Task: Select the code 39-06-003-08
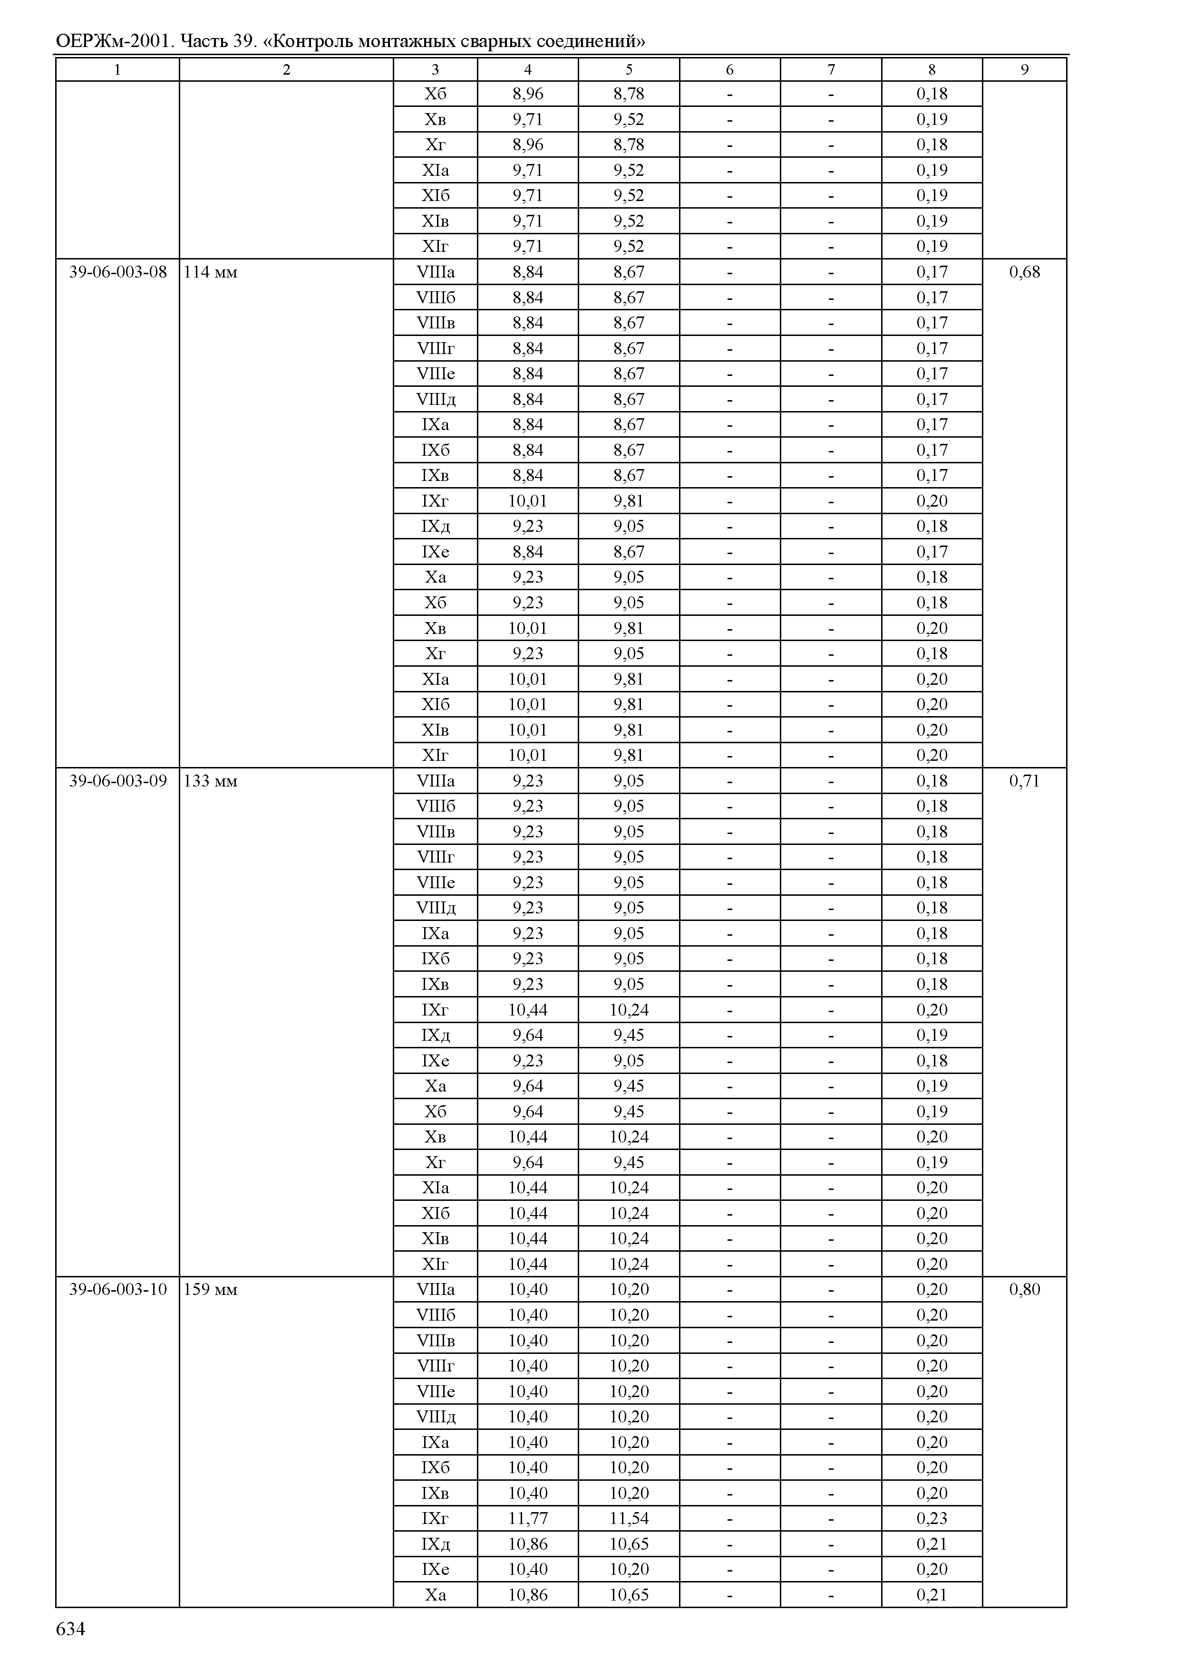pos(117,272)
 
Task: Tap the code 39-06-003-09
pos(117,781)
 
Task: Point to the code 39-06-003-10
pos(117,1290)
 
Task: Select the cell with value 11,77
pos(528,1519)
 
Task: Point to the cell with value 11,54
pos(629,1519)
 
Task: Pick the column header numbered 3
pos(435,70)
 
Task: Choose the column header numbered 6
pos(730,70)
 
